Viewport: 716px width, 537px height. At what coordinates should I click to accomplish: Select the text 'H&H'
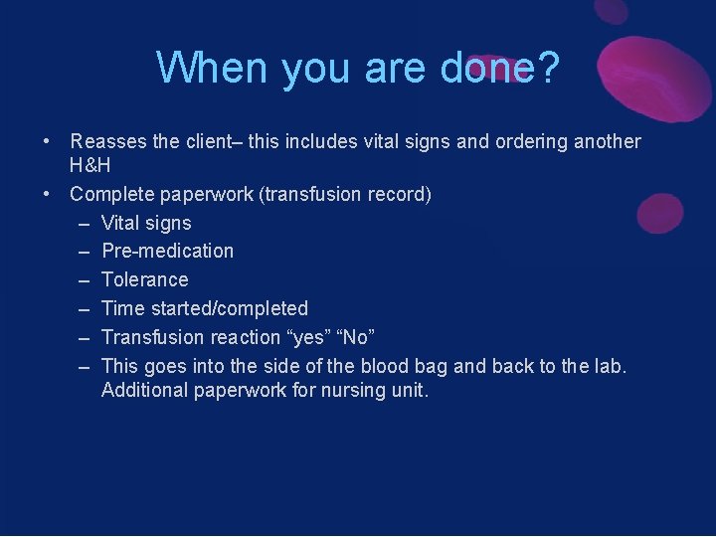tap(89, 165)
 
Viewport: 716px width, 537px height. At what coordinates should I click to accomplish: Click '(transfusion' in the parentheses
tap(311, 194)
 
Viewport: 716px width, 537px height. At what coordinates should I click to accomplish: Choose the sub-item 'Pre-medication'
tap(167, 251)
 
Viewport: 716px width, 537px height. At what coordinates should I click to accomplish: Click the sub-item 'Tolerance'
tap(144, 279)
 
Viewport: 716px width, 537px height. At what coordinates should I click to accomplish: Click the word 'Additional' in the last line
tap(144, 390)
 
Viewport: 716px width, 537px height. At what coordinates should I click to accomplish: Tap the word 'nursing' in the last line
tap(352, 390)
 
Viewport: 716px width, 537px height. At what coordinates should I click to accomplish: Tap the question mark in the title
tap(547, 68)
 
